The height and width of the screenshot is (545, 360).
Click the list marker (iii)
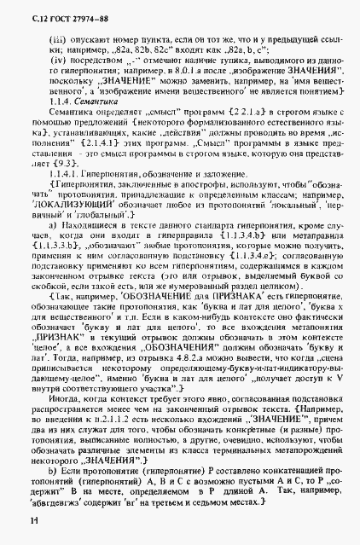[59, 41]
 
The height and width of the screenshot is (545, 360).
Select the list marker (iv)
[59, 62]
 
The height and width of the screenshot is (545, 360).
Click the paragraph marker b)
[55, 471]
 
